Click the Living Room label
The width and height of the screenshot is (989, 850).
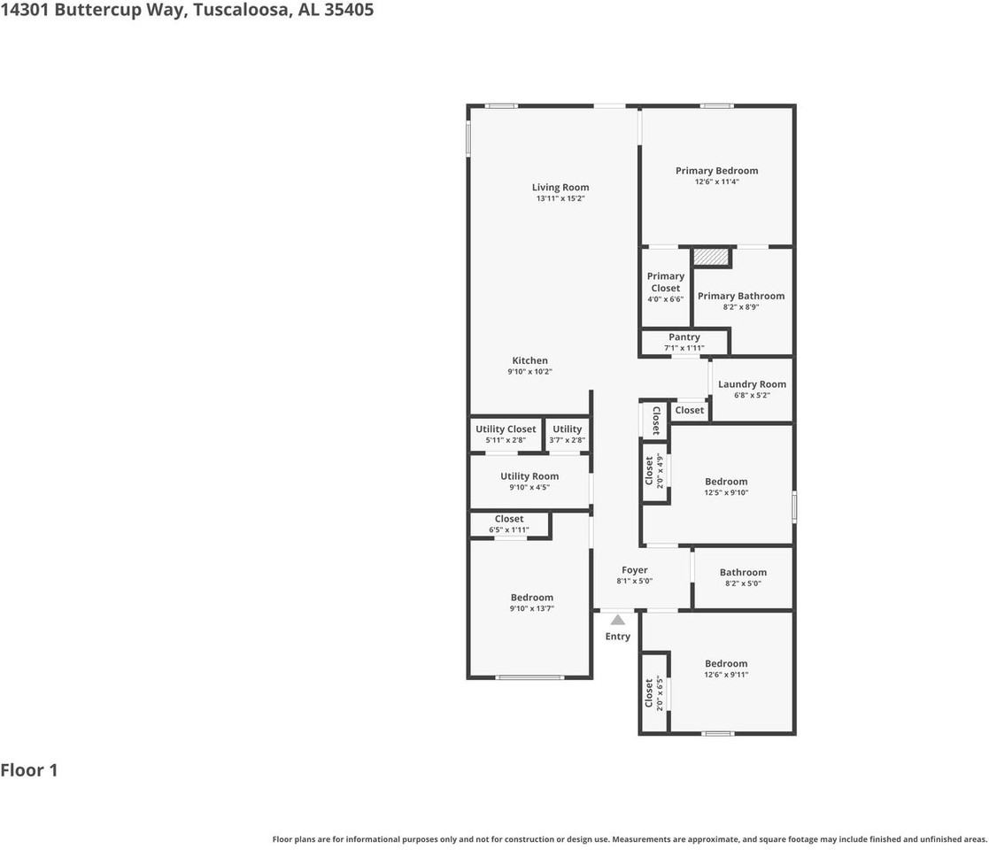tap(560, 187)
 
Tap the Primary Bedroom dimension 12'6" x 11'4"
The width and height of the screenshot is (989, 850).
tap(716, 182)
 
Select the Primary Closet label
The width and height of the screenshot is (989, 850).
tap(665, 282)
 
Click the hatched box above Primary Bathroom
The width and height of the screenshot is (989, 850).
tap(711, 257)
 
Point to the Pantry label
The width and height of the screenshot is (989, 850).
tap(684, 337)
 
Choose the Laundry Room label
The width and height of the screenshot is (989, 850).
tap(752, 384)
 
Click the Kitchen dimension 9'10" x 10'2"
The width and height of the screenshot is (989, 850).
tap(529, 372)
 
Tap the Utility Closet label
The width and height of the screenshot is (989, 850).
tap(506, 429)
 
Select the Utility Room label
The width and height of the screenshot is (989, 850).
tap(529, 476)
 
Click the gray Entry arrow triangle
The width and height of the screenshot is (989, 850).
tap(617, 620)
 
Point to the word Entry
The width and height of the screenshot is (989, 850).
tap(617, 637)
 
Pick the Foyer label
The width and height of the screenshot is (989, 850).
tap(634, 570)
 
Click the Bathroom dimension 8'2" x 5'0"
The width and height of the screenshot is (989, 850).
tap(743, 583)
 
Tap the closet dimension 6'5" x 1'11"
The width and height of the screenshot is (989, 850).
tap(508, 529)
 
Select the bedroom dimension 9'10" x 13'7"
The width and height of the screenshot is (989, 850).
tap(531, 608)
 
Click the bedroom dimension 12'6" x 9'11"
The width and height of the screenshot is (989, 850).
tap(725, 675)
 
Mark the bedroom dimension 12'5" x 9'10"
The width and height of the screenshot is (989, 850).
tap(726, 493)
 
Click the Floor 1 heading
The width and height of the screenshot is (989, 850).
tap(29, 770)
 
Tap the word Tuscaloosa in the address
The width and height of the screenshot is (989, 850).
tap(236, 11)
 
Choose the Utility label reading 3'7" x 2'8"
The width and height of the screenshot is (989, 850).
tap(567, 440)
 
